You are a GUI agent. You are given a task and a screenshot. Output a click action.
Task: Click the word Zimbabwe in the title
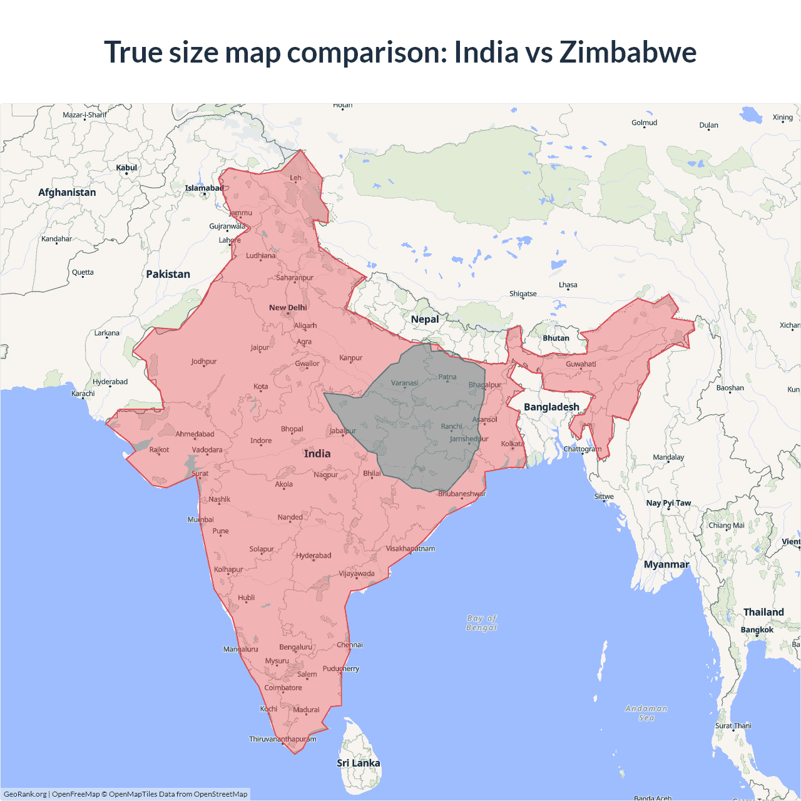(x=628, y=52)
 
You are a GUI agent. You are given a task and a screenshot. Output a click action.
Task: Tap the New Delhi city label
(x=288, y=307)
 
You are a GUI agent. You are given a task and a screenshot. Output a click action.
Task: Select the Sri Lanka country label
(x=358, y=763)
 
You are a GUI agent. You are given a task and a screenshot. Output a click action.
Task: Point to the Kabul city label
(x=126, y=168)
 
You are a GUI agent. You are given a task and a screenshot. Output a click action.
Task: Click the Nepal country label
(x=425, y=319)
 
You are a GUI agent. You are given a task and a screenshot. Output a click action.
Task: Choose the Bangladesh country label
(x=551, y=407)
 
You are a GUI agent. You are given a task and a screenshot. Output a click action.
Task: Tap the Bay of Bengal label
(x=481, y=623)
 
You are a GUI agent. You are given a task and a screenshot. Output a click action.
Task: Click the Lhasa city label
(x=568, y=285)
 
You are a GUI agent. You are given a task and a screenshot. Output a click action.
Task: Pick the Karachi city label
(x=83, y=394)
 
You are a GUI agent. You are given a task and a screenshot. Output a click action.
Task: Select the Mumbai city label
(x=201, y=519)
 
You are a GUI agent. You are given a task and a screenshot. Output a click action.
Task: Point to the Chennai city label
(x=350, y=645)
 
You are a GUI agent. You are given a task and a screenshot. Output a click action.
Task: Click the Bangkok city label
(x=757, y=630)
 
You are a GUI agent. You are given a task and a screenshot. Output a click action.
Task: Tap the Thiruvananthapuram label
(x=283, y=739)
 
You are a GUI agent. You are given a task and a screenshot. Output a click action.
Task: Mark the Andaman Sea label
(x=646, y=713)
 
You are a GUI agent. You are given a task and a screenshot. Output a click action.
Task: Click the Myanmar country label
(x=666, y=564)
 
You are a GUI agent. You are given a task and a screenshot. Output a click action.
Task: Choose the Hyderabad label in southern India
(x=314, y=556)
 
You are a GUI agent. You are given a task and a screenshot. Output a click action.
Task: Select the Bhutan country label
(x=556, y=338)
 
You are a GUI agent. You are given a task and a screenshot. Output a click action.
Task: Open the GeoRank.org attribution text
(x=25, y=794)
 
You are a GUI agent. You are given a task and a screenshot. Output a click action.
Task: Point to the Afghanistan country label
(x=67, y=192)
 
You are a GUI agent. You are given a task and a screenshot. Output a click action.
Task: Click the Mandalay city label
(x=668, y=457)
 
